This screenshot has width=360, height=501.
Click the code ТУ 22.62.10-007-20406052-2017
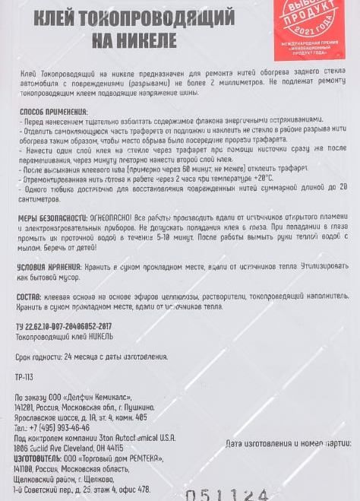(63, 326)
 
